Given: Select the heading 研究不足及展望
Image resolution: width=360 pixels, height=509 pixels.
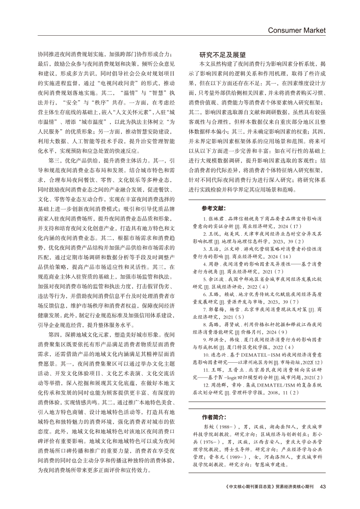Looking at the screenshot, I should click(x=222, y=55).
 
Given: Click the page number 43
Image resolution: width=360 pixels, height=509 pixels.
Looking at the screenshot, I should click(x=323, y=486).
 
